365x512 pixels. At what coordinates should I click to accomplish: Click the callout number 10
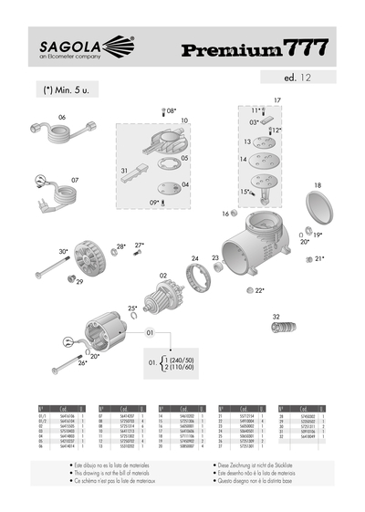(183, 120)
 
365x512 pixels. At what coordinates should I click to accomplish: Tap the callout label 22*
(260, 290)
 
